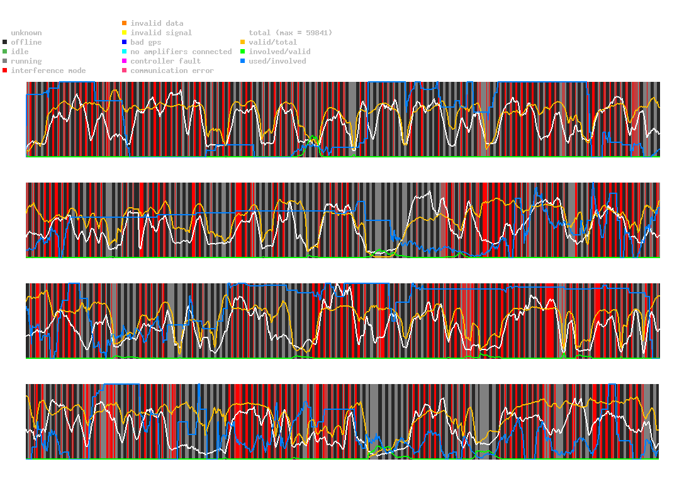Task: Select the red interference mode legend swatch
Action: click(5, 71)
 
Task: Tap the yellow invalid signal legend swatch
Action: click(125, 33)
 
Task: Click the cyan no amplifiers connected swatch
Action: click(125, 52)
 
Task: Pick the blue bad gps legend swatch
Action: click(125, 42)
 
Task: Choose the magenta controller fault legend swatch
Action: click(125, 61)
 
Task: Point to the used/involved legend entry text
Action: click(277, 61)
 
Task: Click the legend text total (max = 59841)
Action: click(290, 33)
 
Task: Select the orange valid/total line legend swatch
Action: click(243, 42)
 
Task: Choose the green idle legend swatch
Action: click(5, 52)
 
